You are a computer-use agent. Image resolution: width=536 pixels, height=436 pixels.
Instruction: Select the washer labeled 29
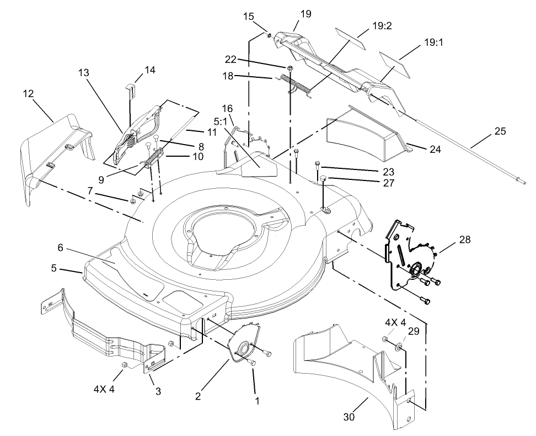[x=397, y=349]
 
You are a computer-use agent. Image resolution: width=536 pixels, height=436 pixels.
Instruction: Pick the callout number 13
[x=83, y=72]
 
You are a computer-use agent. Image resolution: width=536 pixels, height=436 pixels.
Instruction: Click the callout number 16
[x=228, y=108]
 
